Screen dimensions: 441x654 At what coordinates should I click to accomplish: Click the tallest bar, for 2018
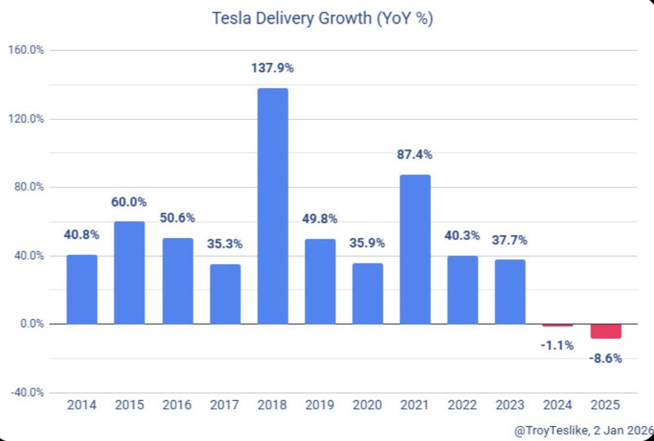tap(273, 206)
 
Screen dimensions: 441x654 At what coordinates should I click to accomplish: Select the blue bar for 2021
tap(415, 250)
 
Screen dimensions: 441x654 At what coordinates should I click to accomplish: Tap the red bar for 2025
tap(605, 331)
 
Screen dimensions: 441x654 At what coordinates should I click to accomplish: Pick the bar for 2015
tap(130, 273)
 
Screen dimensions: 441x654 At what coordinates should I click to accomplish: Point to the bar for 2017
tap(225, 294)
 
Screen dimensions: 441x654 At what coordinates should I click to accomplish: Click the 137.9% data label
tap(273, 69)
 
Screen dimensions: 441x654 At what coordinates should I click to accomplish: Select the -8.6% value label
tap(605, 359)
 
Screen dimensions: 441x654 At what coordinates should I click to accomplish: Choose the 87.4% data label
tap(415, 155)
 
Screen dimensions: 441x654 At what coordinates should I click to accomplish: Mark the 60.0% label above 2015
tap(130, 202)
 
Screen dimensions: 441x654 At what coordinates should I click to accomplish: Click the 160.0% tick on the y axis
tap(26, 51)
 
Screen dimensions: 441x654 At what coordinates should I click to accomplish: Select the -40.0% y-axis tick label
tap(26, 392)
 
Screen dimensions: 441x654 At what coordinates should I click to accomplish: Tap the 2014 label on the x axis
tap(82, 405)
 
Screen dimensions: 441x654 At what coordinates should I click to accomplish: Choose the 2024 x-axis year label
tap(557, 405)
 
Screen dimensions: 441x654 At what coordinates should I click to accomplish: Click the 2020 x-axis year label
tap(368, 405)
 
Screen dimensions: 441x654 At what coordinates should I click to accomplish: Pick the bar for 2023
tap(510, 291)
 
